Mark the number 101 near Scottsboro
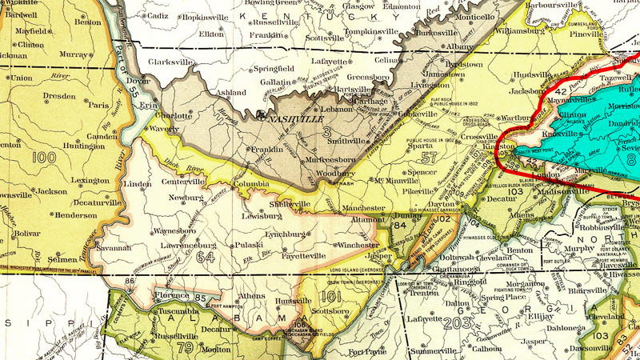point(337,298)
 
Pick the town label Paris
point(98,104)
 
